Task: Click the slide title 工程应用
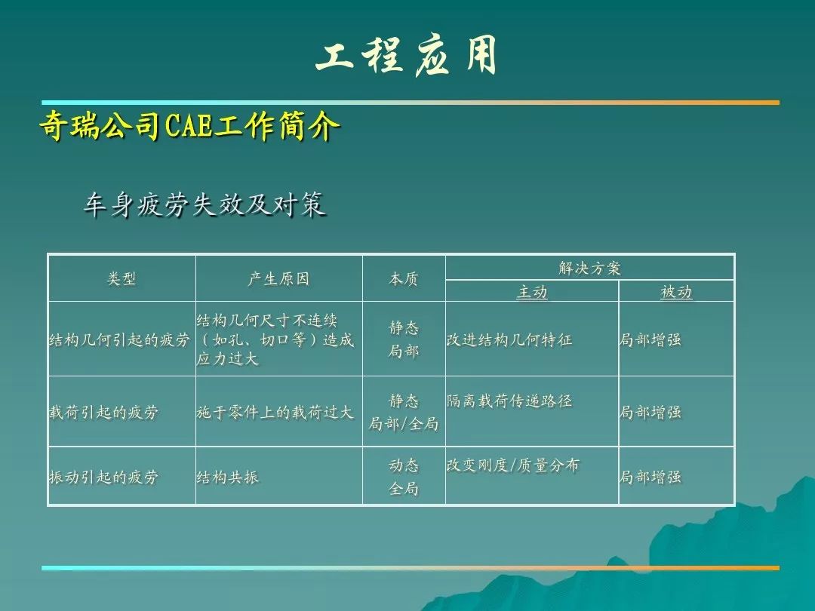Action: pos(407,56)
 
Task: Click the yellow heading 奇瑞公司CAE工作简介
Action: pos(189,125)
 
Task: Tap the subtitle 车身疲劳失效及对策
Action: pos(205,204)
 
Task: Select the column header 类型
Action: pos(121,279)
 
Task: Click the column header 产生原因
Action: pos(278,279)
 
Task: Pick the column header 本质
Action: pos(403,279)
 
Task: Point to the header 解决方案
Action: pos(589,268)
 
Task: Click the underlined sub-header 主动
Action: pos(532,292)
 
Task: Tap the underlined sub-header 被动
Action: pos(676,292)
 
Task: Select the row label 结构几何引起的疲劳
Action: pos(119,339)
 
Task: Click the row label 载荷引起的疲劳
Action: pos(103,412)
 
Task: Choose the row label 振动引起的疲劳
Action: pos(103,477)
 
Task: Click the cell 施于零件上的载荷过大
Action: pos(275,412)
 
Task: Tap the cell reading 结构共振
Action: pos(228,477)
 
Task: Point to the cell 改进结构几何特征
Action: pos(509,339)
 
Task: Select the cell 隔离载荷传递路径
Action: pos(509,401)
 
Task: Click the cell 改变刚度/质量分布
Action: pos(513,465)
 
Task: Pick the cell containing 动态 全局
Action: pos(403,477)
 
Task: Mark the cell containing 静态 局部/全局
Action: pos(403,412)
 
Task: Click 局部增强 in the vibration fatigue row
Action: pos(650,477)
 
